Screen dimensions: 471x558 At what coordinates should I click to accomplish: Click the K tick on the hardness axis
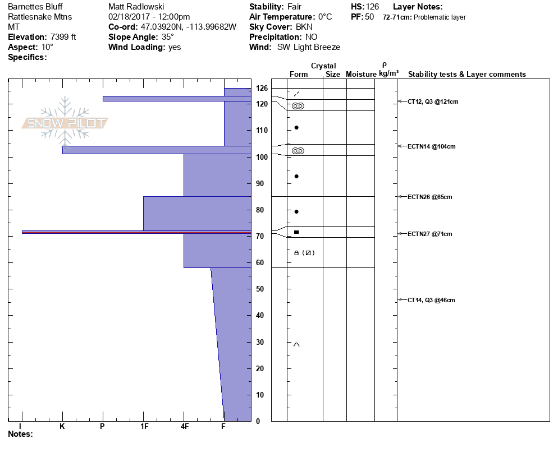point(62,427)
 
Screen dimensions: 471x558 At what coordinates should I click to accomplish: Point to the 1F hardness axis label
point(144,427)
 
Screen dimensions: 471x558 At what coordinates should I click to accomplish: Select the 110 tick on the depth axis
point(262,130)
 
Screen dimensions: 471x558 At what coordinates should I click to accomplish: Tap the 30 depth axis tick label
point(260,342)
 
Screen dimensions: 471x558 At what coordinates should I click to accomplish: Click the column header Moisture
point(361,74)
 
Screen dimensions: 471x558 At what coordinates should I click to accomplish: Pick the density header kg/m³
point(388,74)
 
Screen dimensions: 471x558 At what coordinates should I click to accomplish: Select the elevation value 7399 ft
point(59,37)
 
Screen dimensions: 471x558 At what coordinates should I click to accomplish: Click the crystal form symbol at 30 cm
point(296,344)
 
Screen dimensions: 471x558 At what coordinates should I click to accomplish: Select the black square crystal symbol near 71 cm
point(296,232)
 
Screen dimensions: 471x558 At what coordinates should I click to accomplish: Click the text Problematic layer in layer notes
point(440,17)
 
